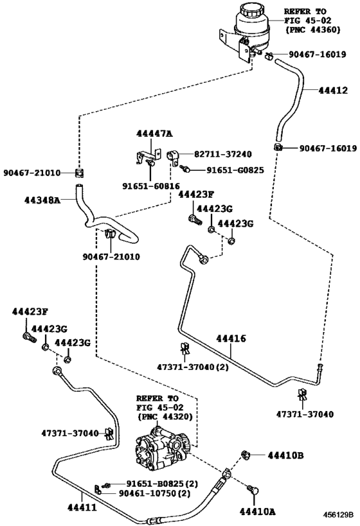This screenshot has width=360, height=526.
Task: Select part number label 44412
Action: (x=333, y=91)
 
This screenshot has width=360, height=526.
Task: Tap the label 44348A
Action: (x=42, y=200)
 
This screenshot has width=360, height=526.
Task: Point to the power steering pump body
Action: (x=160, y=449)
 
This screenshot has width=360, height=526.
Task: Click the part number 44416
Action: (x=231, y=338)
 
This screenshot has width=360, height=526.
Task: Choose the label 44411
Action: (x=82, y=507)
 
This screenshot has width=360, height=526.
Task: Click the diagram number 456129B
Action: (x=339, y=514)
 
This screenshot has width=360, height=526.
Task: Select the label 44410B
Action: (x=285, y=455)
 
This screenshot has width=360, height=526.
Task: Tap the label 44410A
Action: (x=257, y=511)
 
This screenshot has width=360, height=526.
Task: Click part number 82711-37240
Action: (x=223, y=154)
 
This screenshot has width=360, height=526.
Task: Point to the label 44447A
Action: (x=154, y=134)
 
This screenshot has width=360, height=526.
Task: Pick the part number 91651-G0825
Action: (x=235, y=170)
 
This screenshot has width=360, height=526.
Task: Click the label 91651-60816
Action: (x=151, y=186)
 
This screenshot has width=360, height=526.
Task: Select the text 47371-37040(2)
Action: (x=193, y=367)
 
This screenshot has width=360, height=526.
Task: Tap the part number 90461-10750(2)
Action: (x=154, y=493)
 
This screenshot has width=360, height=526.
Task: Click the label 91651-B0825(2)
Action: (x=162, y=484)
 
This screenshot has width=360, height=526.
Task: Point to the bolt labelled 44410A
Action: (x=253, y=490)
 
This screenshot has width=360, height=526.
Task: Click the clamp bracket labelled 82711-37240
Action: (x=174, y=157)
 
